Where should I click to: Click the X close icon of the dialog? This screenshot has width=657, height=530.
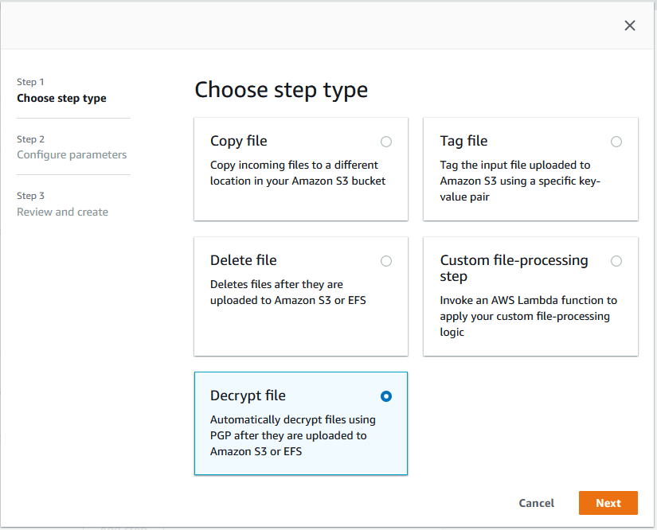click(630, 25)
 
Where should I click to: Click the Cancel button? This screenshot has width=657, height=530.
click(536, 503)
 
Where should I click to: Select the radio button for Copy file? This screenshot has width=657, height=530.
click(386, 142)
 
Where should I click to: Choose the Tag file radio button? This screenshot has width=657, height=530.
click(616, 142)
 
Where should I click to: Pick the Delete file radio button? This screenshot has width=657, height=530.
click(386, 261)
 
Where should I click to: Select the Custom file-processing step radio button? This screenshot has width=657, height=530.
click(616, 261)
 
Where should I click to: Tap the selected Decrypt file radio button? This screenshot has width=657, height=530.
click(386, 396)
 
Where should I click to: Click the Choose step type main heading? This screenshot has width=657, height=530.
click(281, 90)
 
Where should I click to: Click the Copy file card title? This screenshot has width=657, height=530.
click(238, 141)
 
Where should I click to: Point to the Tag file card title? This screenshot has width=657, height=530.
click(463, 141)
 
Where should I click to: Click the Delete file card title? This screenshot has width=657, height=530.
click(243, 260)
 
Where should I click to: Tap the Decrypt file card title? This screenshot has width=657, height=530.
click(248, 396)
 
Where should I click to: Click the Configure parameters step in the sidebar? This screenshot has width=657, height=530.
click(72, 154)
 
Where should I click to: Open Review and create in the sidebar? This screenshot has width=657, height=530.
click(62, 212)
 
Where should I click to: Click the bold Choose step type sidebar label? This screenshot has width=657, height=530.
click(61, 98)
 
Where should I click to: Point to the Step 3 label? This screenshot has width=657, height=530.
click(31, 196)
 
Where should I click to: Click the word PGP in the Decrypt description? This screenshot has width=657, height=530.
click(222, 435)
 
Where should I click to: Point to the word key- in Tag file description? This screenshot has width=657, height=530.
click(587, 181)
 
